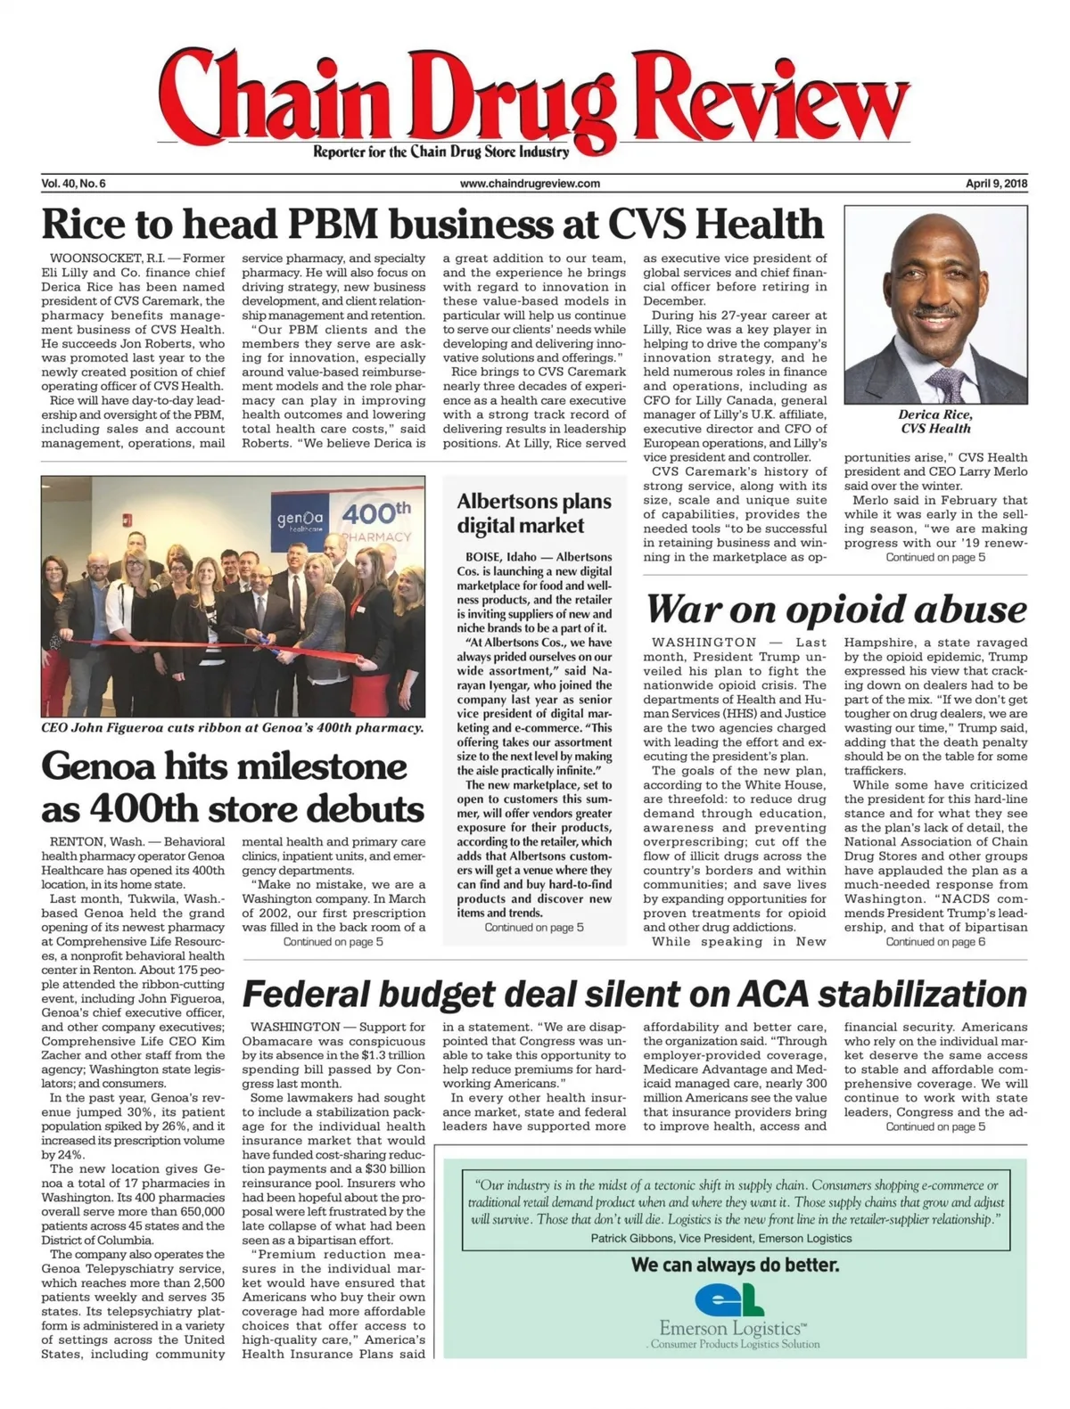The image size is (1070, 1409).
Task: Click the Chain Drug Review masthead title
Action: tap(535, 98)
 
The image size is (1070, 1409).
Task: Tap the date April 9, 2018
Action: tap(997, 184)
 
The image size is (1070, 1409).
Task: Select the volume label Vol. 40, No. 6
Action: tap(73, 184)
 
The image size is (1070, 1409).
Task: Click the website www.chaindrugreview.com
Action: tap(530, 184)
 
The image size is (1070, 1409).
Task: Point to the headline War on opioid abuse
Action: tap(835, 610)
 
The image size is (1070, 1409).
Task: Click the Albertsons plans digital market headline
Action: tap(533, 513)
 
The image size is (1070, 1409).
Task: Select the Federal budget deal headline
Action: tap(634, 994)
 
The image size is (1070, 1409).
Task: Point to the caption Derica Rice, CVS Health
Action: tap(935, 422)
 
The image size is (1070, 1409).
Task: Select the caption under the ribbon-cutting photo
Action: tap(232, 727)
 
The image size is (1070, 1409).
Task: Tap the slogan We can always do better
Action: tap(735, 1264)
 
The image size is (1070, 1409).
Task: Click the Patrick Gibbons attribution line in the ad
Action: tap(720, 1238)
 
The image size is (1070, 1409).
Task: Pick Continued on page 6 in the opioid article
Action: tap(935, 941)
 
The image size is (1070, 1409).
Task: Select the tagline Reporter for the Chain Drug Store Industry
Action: tap(440, 152)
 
